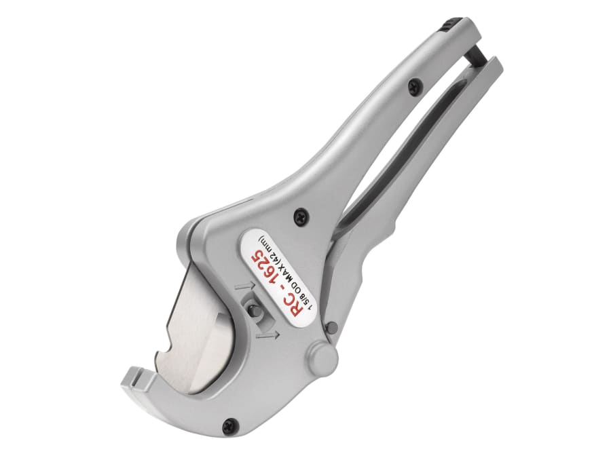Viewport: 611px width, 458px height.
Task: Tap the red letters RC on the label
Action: [301, 304]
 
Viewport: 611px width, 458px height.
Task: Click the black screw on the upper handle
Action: [413, 85]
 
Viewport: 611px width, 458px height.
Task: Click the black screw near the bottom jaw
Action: [229, 425]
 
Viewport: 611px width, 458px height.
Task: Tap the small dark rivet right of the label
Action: [331, 327]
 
